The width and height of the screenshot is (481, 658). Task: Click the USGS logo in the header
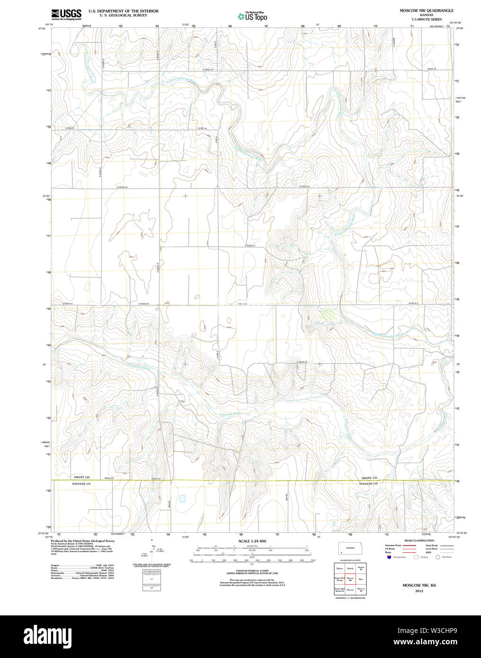[66, 14]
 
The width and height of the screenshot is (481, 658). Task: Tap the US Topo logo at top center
[252, 17]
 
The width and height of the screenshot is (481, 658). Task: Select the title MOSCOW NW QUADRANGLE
[426, 10]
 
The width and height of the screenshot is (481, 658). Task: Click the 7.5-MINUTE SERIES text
[426, 19]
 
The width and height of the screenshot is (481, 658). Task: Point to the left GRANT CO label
[81, 477]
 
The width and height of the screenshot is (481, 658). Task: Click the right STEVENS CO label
[368, 484]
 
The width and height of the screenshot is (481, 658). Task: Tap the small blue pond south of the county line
[182, 498]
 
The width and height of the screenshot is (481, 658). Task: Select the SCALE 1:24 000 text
[252, 541]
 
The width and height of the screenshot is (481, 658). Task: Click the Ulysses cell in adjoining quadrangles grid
[339, 568]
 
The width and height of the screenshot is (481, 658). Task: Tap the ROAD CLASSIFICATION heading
[419, 541]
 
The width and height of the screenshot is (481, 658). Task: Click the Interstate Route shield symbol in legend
[389, 557]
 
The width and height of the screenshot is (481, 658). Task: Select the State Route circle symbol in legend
[438, 557]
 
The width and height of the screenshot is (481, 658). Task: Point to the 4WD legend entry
[428, 552]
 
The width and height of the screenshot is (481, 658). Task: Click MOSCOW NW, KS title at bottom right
[419, 585]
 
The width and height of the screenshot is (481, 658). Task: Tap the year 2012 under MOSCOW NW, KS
[419, 591]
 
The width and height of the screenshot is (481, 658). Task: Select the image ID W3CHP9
[443, 631]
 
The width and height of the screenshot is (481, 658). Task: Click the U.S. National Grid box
[151, 580]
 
